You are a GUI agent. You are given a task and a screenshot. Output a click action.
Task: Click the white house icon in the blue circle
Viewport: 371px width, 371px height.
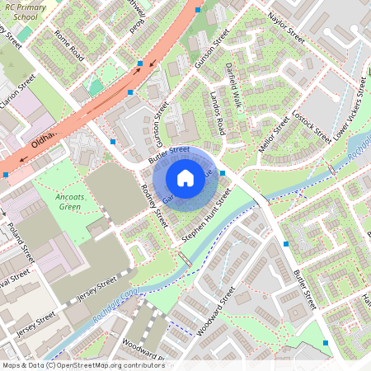coord(185,177)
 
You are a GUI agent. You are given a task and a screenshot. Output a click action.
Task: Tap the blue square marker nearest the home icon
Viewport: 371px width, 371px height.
coord(223,173)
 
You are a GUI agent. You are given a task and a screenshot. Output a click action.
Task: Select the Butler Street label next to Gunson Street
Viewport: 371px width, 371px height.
coord(168,153)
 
